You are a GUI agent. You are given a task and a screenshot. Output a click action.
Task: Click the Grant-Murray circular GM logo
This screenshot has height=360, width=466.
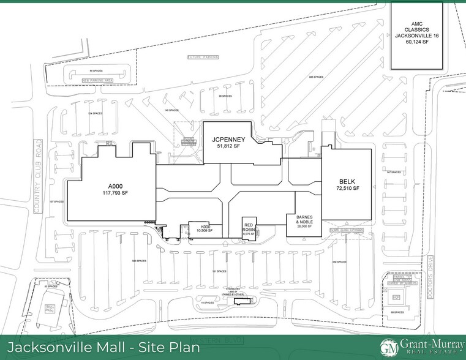pos(386,347)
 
